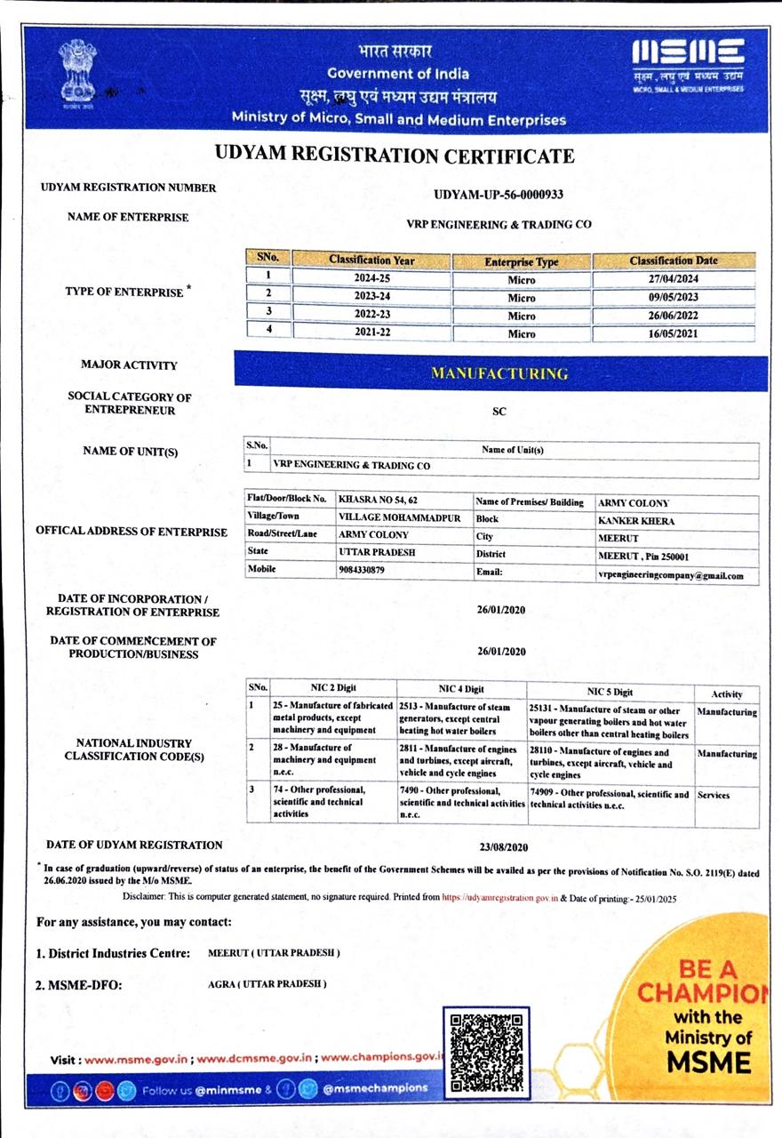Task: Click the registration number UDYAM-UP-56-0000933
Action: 499,194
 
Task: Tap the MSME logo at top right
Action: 687,67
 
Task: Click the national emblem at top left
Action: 78,71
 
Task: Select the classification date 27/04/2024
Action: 674,279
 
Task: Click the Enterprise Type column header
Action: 522,262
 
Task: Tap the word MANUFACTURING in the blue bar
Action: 499,373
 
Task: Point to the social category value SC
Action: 499,413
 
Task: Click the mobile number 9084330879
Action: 362,570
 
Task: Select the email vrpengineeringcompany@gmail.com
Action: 671,575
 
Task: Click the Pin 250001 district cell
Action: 644,557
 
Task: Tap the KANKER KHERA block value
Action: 636,521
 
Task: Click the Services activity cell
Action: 713,795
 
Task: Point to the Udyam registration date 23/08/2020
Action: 503,847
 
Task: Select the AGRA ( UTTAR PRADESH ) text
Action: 267,984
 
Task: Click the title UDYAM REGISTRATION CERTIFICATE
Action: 395,156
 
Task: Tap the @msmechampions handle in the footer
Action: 374,1087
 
